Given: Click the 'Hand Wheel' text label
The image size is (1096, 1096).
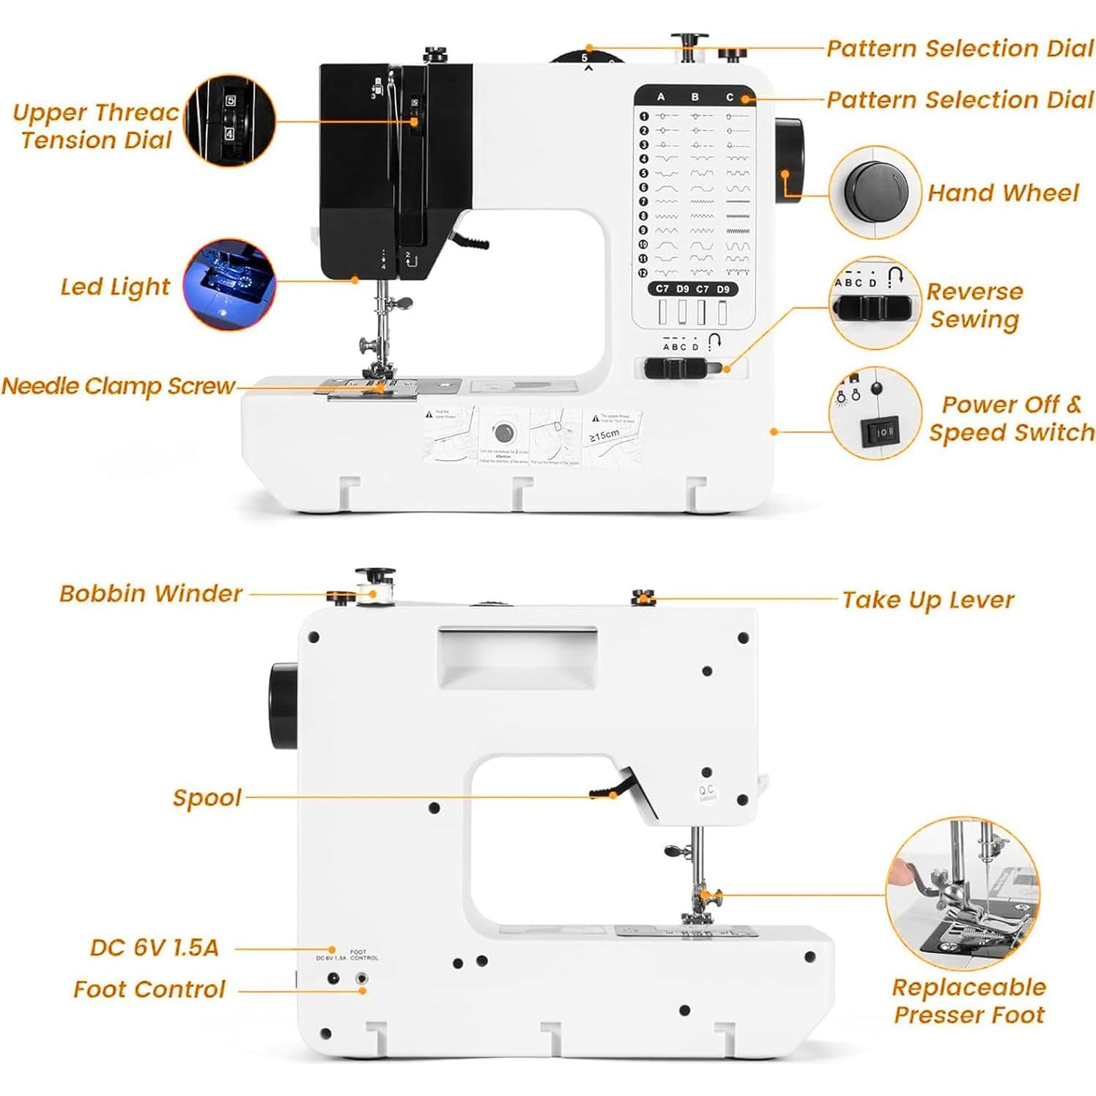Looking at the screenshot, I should tap(1002, 193).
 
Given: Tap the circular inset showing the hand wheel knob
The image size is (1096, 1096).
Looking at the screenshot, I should tap(875, 192).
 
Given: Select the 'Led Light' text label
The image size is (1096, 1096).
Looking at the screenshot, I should tap(115, 286).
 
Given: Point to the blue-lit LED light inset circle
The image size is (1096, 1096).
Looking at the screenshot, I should tap(229, 284).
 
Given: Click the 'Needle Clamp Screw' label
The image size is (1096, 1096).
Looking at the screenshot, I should tap(118, 386).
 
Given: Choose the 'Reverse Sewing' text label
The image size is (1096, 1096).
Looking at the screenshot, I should tap(974, 305).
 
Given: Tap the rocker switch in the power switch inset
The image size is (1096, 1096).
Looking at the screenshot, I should tap(880, 432).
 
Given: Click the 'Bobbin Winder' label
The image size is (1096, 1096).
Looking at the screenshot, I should tap(150, 593).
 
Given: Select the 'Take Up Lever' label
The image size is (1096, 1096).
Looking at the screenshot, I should tap(927, 600).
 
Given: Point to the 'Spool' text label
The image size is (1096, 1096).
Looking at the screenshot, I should tap(207, 798).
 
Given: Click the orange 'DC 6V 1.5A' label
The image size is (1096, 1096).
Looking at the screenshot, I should tap(154, 948).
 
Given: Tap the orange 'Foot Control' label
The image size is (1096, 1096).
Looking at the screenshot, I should tap(149, 990).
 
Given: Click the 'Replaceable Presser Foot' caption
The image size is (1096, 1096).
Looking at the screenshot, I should tap(969, 1001).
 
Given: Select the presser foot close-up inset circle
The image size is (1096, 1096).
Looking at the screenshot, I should tap(962, 894).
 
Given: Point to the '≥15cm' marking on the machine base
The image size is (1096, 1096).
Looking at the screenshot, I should tap(604, 436).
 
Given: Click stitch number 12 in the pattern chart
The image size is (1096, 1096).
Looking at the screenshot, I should tap(643, 273).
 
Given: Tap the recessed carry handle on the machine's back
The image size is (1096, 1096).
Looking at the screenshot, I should tap(517, 656).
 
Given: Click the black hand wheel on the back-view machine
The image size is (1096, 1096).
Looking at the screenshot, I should tap(283, 706).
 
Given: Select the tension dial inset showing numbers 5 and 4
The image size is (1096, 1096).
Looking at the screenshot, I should tap(229, 120).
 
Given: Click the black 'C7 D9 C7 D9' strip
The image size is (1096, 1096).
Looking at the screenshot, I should tap(692, 289).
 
